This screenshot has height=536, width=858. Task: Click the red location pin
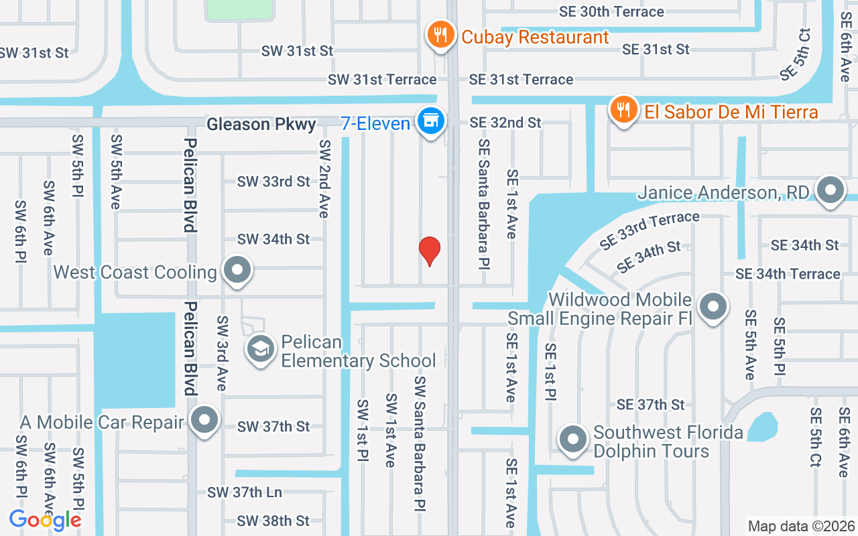[429, 251]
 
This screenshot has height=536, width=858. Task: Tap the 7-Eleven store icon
[430, 121]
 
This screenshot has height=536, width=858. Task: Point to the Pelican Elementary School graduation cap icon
[261, 348]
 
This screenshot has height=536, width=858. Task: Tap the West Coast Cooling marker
[236, 271]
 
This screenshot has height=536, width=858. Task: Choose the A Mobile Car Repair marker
[204, 421]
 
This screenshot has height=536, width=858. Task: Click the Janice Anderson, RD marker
[831, 190]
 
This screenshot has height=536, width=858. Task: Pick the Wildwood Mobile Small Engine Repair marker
[713, 307]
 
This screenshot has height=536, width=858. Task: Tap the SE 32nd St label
[505, 123]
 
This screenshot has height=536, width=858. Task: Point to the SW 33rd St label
[273, 182]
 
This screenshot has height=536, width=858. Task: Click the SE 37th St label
[650, 404]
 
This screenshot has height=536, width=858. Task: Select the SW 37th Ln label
[245, 492]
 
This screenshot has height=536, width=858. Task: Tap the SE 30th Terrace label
[611, 12]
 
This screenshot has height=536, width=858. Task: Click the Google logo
[45, 519]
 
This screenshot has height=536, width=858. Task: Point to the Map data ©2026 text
[801, 526]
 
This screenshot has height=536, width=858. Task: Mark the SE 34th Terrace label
[788, 273]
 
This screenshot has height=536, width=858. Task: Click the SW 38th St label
[273, 521]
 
